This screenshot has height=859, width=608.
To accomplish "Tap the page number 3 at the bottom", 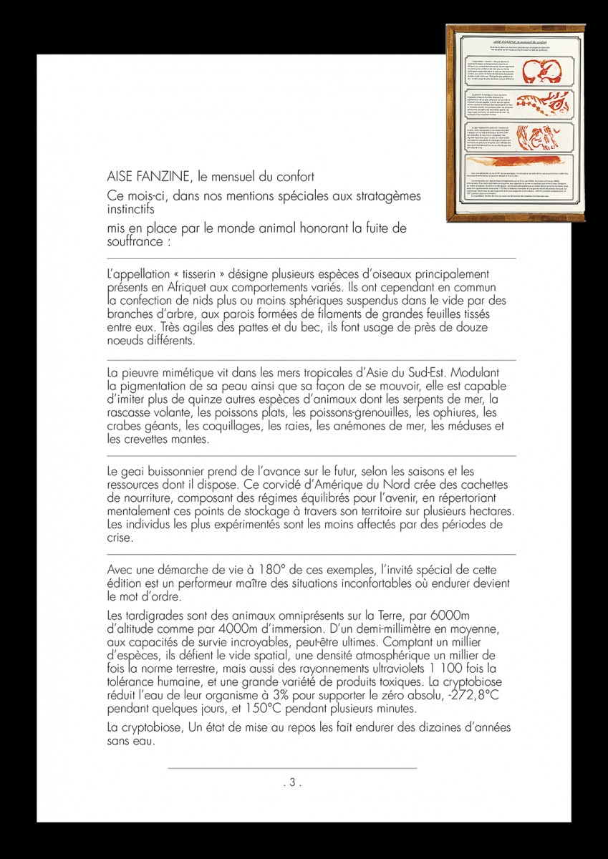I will pyautogui.click(x=291, y=782).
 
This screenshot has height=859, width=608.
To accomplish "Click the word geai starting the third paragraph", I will pyautogui.click(x=136, y=472).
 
